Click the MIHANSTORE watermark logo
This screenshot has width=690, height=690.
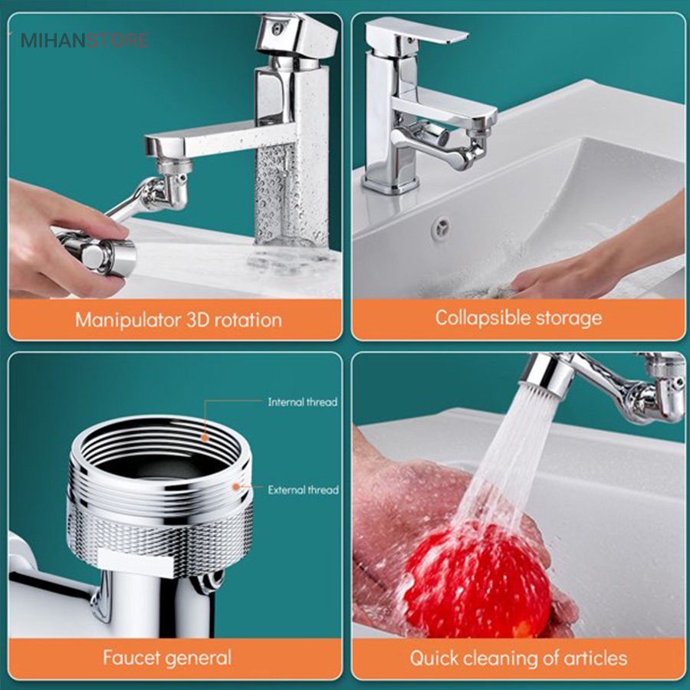(x=84, y=41)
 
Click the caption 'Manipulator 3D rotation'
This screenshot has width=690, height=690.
(x=178, y=320)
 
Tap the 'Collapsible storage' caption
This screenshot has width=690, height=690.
(x=518, y=318)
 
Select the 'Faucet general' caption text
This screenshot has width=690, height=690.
(x=167, y=658)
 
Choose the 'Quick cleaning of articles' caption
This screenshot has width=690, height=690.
(x=518, y=659)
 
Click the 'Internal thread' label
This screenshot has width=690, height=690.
(x=303, y=402)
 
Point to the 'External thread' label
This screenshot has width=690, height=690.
(x=303, y=490)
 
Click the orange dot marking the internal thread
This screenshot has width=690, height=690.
(x=205, y=438)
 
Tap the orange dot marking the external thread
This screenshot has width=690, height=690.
(x=236, y=487)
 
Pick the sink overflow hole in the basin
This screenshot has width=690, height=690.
(x=441, y=228)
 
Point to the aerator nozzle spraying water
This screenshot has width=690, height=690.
(x=546, y=374)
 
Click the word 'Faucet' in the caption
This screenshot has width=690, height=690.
(x=132, y=658)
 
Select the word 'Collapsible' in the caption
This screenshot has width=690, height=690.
(x=483, y=318)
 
